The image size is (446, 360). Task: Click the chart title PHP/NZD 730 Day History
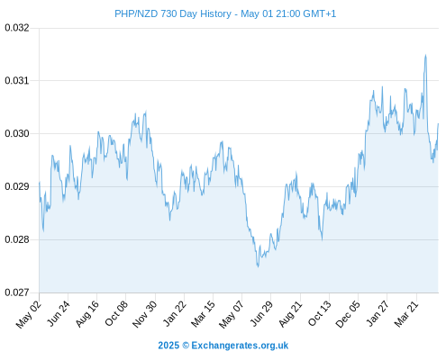[x=173, y=13]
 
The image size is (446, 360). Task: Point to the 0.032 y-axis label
[x=17, y=28]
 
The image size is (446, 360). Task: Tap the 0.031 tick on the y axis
[x=17, y=80]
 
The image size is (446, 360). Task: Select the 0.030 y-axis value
[x=17, y=133]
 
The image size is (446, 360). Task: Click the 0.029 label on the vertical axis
[x=17, y=186]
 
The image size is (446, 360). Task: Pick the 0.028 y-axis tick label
[x=17, y=239]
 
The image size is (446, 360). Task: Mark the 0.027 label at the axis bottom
[x=17, y=292]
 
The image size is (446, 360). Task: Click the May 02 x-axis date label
[x=29, y=314]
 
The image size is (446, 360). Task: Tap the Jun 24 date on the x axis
[x=59, y=313]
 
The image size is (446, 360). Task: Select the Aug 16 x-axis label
[x=87, y=313]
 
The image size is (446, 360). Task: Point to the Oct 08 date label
[x=116, y=313]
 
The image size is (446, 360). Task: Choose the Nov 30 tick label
[x=145, y=314]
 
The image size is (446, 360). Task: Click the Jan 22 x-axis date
[x=175, y=313]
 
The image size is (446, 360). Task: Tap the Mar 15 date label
[x=204, y=313]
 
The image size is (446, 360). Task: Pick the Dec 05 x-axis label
[x=348, y=314]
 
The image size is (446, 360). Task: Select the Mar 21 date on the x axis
[x=406, y=313]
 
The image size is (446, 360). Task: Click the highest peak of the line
[x=425, y=55]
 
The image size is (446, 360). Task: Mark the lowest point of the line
[x=258, y=266]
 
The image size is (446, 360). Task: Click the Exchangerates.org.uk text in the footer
[x=240, y=346]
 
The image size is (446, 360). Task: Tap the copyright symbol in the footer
[x=186, y=346]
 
